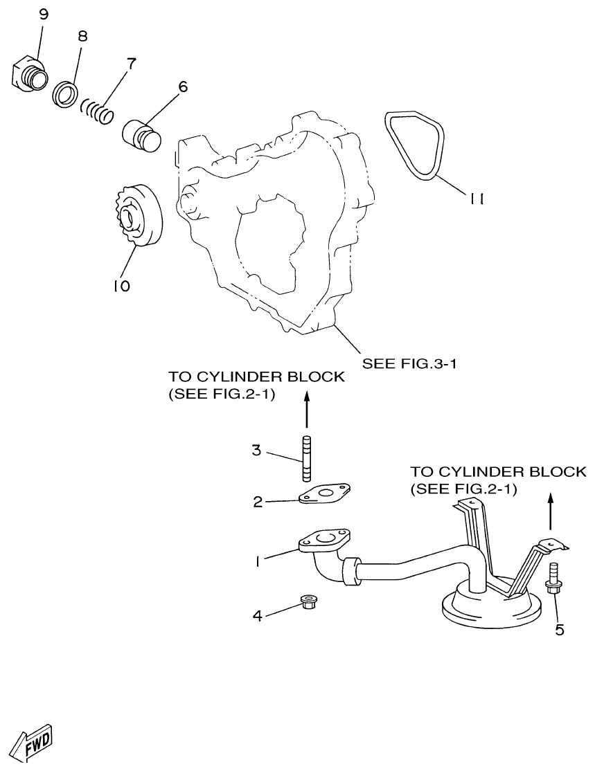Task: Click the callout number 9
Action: click(x=43, y=15)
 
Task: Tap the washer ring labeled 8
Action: click(x=66, y=94)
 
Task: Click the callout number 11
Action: click(x=475, y=199)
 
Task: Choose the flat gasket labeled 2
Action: click(x=323, y=496)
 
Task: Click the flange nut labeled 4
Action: click(x=308, y=601)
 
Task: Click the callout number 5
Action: click(x=560, y=629)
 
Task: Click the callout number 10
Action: click(x=122, y=285)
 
